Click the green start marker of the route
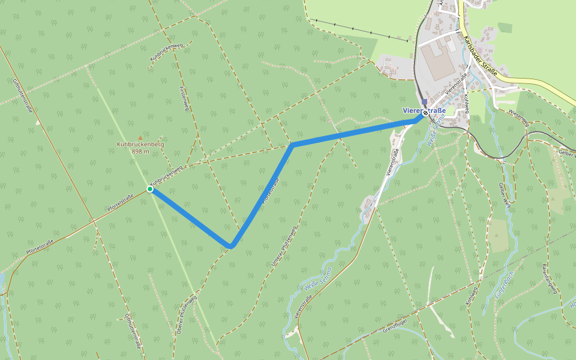click(150, 189)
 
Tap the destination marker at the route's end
click(425, 112)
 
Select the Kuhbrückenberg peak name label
click(140, 145)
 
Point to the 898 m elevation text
click(140, 152)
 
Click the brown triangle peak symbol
click(140, 138)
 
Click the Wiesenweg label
click(518, 118)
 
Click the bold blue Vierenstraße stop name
click(424, 110)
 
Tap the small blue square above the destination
click(425, 102)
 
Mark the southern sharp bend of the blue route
click(231, 245)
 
